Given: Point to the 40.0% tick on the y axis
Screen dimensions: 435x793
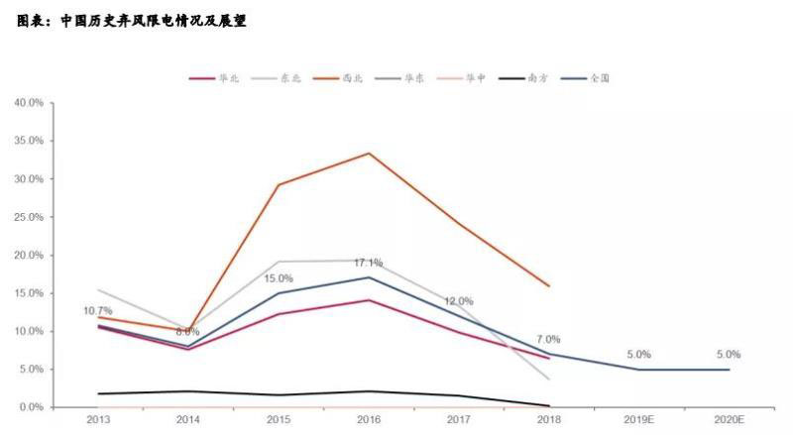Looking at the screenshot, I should click(x=29, y=103).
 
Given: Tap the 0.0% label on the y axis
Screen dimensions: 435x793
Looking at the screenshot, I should click(x=31, y=407).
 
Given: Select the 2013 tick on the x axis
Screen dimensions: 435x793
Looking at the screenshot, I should click(x=98, y=420).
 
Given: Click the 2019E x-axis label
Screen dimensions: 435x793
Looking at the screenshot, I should click(x=639, y=420).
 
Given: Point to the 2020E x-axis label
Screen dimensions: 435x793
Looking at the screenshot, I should click(x=730, y=420).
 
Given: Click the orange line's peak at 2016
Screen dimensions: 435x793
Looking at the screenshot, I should click(x=369, y=153).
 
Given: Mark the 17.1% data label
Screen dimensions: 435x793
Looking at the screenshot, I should click(x=369, y=263).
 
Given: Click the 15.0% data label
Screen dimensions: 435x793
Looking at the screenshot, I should click(x=279, y=278).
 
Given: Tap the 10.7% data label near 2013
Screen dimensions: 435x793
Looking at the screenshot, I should click(x=98, y=311).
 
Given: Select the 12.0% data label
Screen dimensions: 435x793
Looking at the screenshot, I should click(x=458, y=301).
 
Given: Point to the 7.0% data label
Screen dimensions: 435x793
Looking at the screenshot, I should click(x=547, y=340).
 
